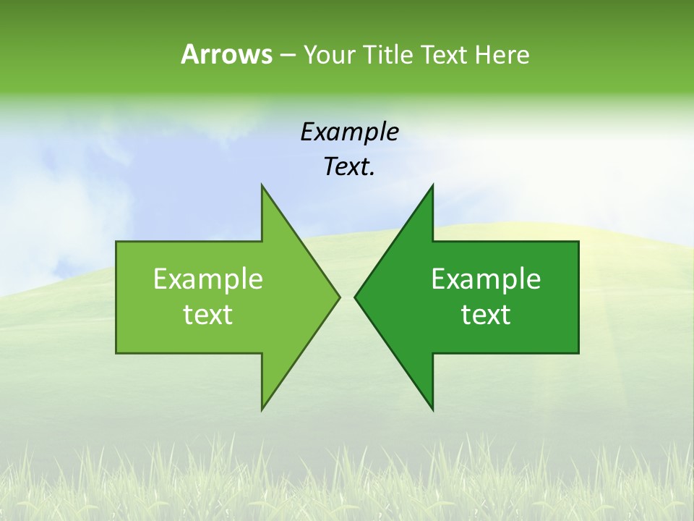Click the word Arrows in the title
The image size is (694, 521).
[x=226, y=54]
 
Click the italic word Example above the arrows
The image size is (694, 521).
[x=349, y=132]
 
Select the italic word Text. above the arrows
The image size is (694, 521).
[x=349, y=167]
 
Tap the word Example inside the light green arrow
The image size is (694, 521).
[x=208, y=279]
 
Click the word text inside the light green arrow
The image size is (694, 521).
[x=208, y=315]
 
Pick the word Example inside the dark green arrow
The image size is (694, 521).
[x=486, y=279]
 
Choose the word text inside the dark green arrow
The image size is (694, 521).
[x=486, y=315]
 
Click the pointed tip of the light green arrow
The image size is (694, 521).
[x=338, y=297]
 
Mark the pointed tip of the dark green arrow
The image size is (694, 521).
[x=356, y=297]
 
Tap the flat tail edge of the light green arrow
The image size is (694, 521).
[x=116, y=297]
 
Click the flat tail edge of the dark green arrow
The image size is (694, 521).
[x=578, y=297]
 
